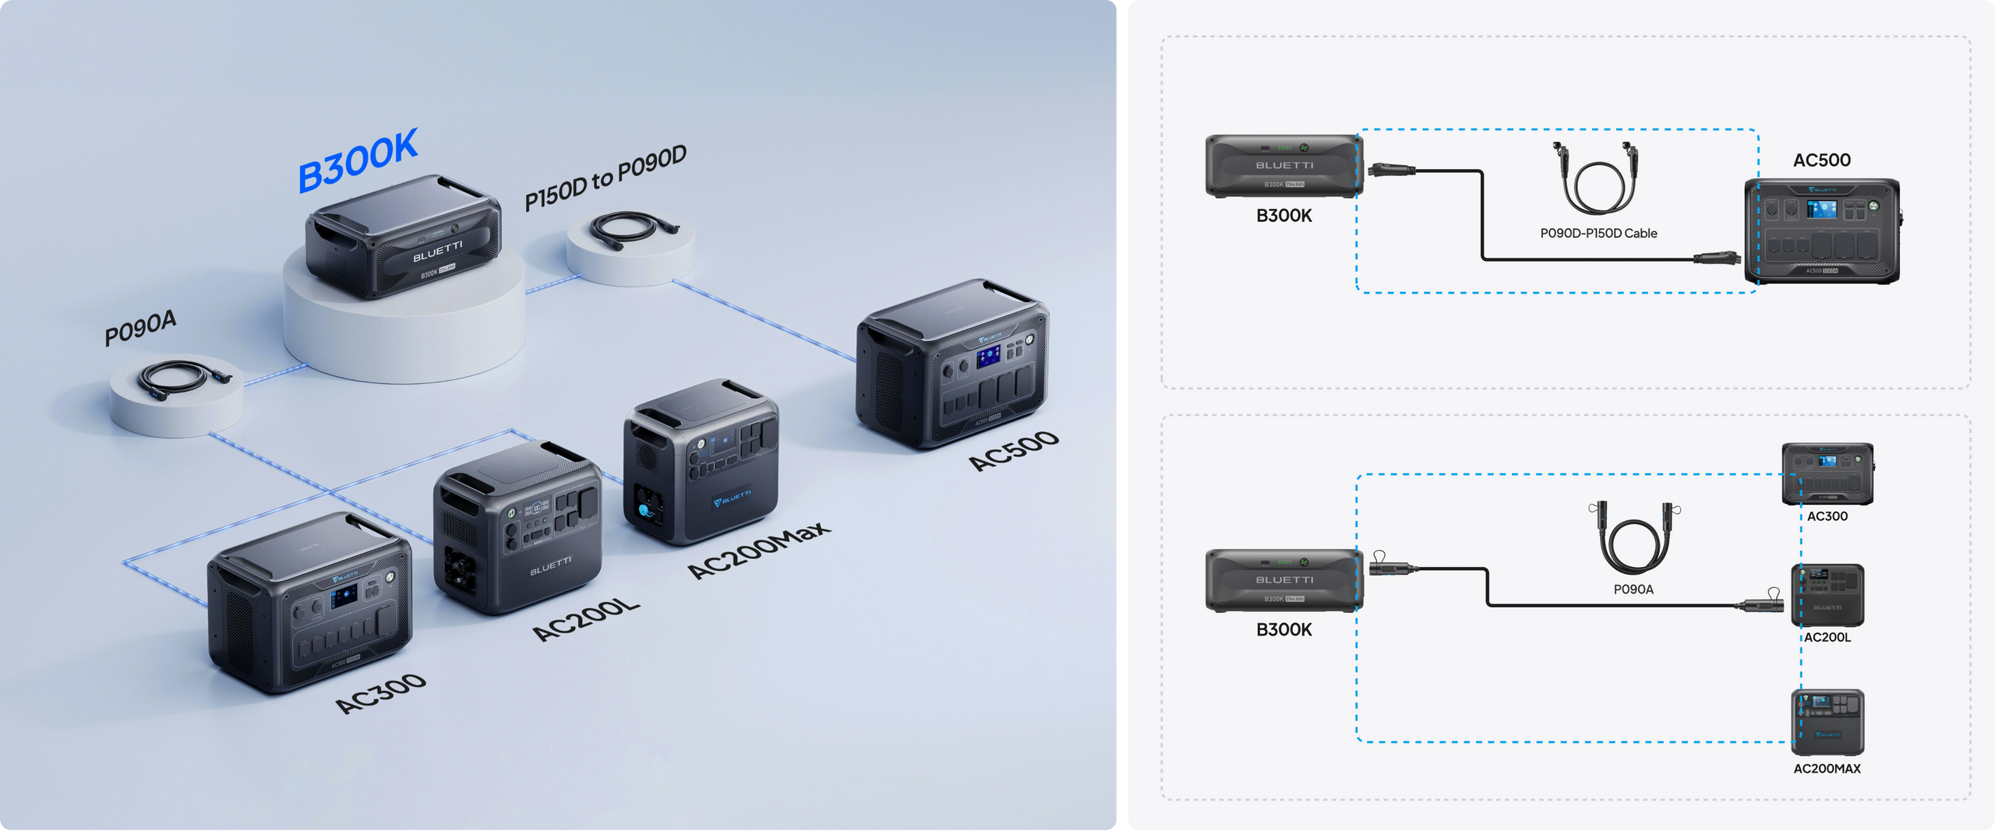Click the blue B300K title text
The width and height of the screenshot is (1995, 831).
click(358, 160)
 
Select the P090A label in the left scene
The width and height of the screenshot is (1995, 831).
click(140, 327)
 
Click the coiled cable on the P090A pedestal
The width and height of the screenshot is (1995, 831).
click(182, 377)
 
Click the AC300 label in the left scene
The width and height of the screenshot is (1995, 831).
click(380, 693)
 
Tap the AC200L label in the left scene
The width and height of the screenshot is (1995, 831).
click(586, 620)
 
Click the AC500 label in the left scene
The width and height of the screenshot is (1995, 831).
click(1014, 450)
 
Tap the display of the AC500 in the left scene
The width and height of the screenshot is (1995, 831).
click(988, 357)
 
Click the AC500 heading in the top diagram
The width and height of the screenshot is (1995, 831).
click(1821, 160)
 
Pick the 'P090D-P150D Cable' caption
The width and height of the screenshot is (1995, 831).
click(1598, 234)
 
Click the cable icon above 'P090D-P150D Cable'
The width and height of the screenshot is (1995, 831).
click(1596, 179)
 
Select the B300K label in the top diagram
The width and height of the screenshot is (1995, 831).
click(1284, 216)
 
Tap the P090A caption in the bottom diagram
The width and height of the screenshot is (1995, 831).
click(1633, 590)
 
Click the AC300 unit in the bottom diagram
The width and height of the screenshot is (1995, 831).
click(1827, 474)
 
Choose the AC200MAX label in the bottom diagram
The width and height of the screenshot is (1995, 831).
click(1827, 769)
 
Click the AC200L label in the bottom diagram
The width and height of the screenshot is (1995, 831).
click(1827, 637)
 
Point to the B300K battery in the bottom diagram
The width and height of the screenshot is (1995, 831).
click(1284, 580)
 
